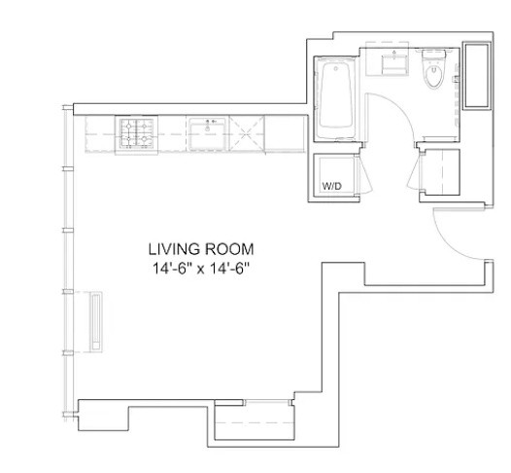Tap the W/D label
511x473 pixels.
click(330, 186)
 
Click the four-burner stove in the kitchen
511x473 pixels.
click(136, 131)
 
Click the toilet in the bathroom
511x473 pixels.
click(433, 75)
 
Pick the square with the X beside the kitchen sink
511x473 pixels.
click(246, 131)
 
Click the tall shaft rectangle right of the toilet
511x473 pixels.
click(478, 75)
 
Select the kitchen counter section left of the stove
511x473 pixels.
click(101, 132)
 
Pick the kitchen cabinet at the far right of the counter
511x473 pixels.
click(283, 132)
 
